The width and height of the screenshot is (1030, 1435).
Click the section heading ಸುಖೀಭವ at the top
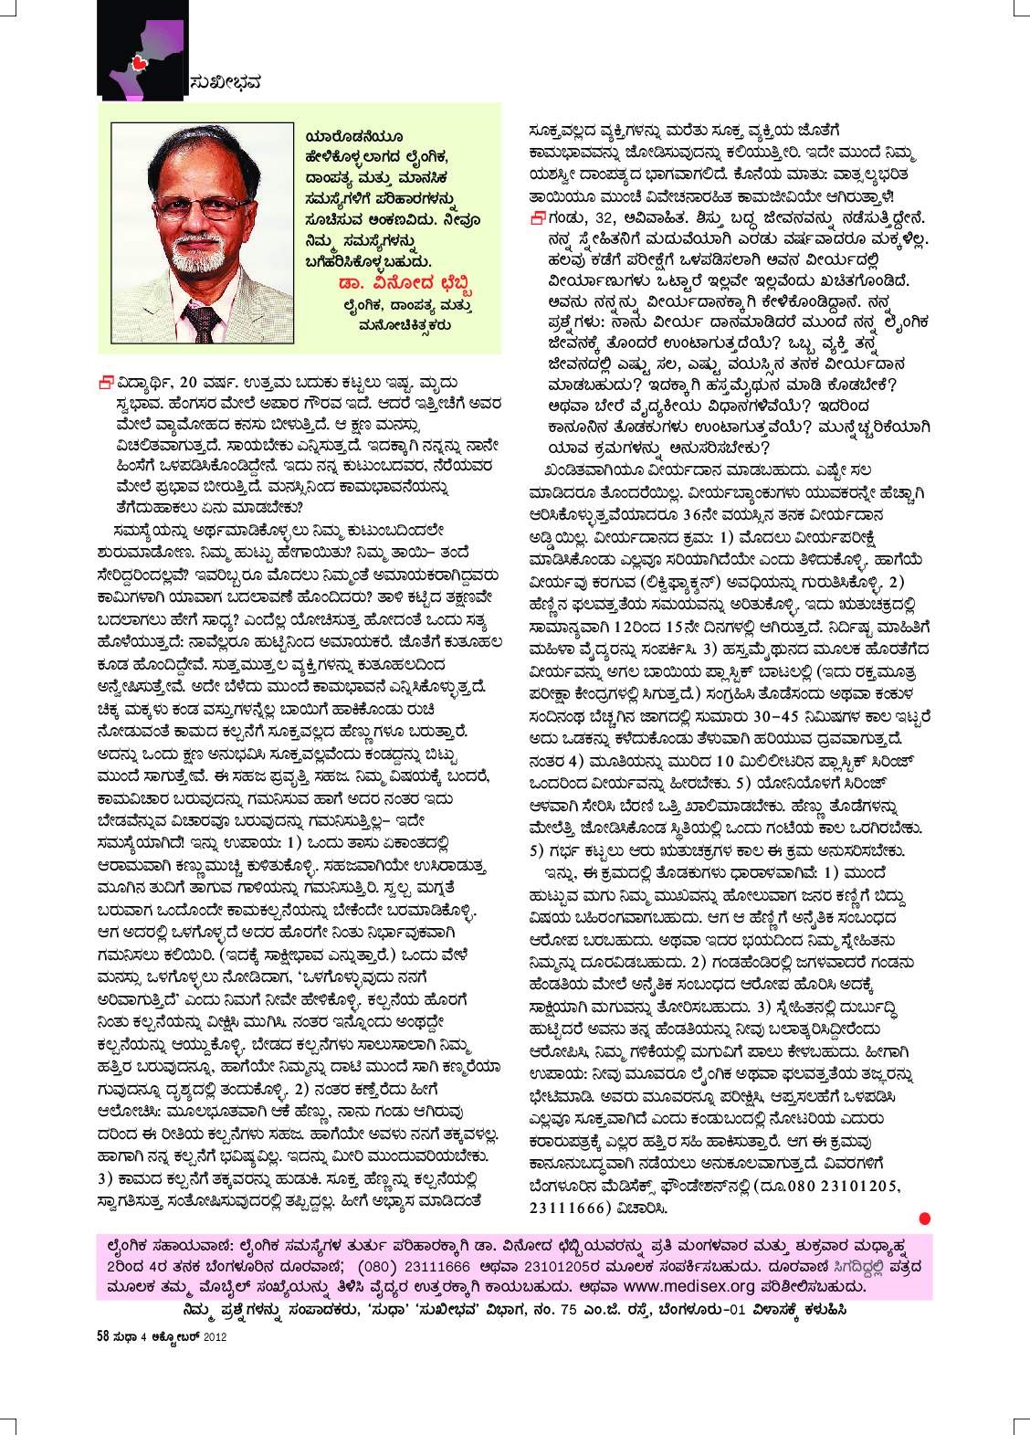tap(225, 82)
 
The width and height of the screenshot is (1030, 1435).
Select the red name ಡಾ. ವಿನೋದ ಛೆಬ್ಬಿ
tap(405, 281)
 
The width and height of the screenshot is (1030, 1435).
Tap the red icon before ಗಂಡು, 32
tap(538, 217)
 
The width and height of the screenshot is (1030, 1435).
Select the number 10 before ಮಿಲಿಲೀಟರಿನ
tap(724, 760)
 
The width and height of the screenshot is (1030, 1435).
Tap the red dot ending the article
tap(924, 1218)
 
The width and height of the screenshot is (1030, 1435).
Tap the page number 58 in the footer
tap(103, 1336)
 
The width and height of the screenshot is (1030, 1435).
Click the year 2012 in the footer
tap(215, 1336)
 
